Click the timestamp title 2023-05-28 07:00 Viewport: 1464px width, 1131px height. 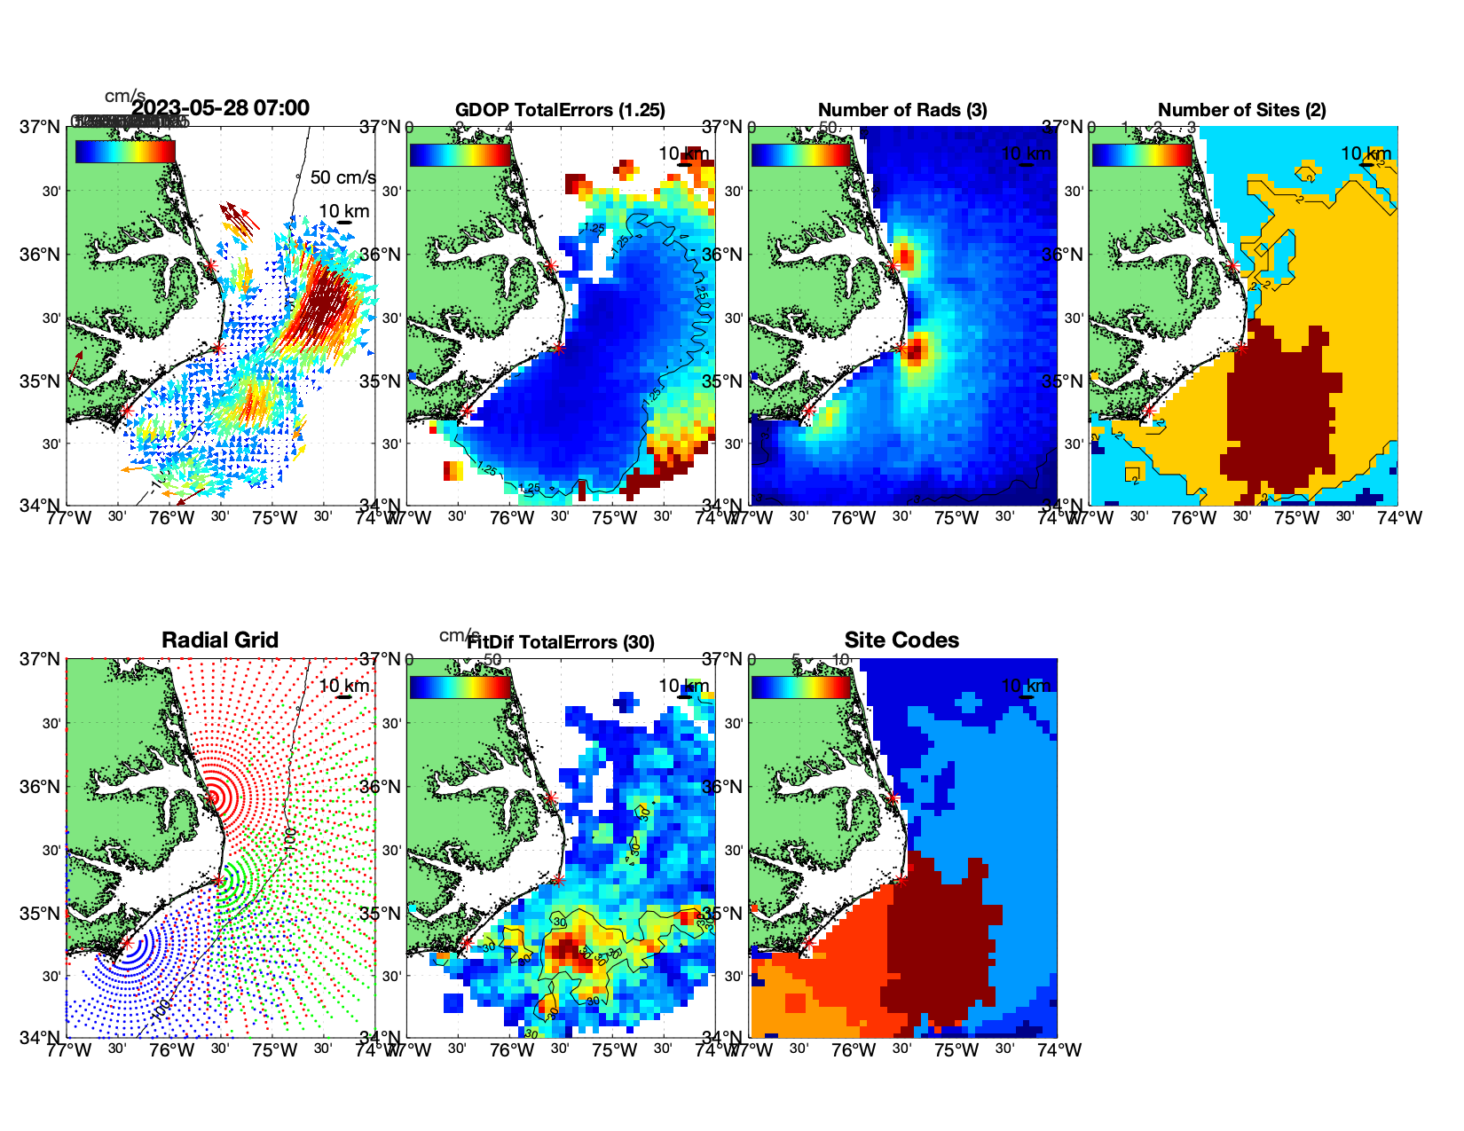[220, 108]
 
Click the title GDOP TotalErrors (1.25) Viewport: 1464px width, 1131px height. [560, 110]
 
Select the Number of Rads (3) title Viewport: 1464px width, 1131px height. [902, 110]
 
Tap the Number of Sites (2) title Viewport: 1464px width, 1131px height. [1241, 110]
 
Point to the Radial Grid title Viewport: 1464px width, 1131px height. [220, 640]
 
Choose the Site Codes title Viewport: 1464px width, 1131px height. [901, 640]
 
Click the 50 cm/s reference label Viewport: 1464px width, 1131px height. [342, 177]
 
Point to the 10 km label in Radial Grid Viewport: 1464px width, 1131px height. [344, 686]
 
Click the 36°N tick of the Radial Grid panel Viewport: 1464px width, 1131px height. [40, 787]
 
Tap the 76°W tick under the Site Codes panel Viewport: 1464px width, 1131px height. [854, 1050]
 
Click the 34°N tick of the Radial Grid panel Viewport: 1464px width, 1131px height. [40, 1037]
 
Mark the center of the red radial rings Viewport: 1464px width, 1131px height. [213, 797]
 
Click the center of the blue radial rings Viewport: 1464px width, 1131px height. [127, 945]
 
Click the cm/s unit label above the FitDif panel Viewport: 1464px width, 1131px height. [459, 635]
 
